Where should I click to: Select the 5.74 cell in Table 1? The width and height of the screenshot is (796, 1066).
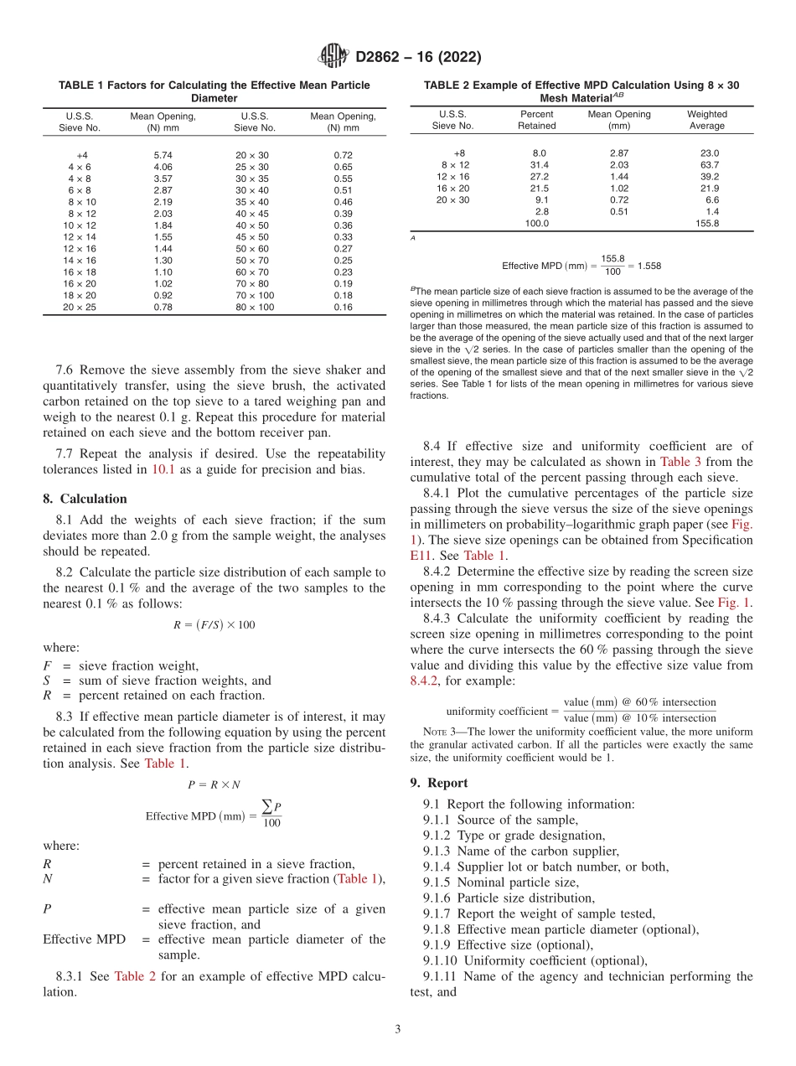click(163, 155)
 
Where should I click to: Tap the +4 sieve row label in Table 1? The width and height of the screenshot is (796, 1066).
click(82, 155)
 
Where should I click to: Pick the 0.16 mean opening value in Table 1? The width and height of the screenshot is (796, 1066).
click(343, 308)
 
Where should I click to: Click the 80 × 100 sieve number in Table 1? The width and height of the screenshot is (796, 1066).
click(255, 308)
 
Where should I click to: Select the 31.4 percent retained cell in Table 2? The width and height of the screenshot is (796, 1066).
click(536, 165)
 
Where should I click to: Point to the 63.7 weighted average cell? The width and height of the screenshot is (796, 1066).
click(709, 165)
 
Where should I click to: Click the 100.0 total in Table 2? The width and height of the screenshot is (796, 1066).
click(536, 224)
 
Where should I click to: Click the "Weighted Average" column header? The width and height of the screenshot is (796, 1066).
click(707, 120)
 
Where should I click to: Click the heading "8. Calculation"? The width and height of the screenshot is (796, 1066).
click(85, 499)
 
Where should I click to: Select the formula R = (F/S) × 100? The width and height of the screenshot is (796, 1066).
click(214, 625)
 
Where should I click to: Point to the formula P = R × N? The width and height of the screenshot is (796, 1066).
click(214, 784)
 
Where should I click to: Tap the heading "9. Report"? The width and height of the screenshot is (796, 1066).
click(439, 784)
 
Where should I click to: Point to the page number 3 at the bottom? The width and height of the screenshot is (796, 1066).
click(398, 1029)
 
